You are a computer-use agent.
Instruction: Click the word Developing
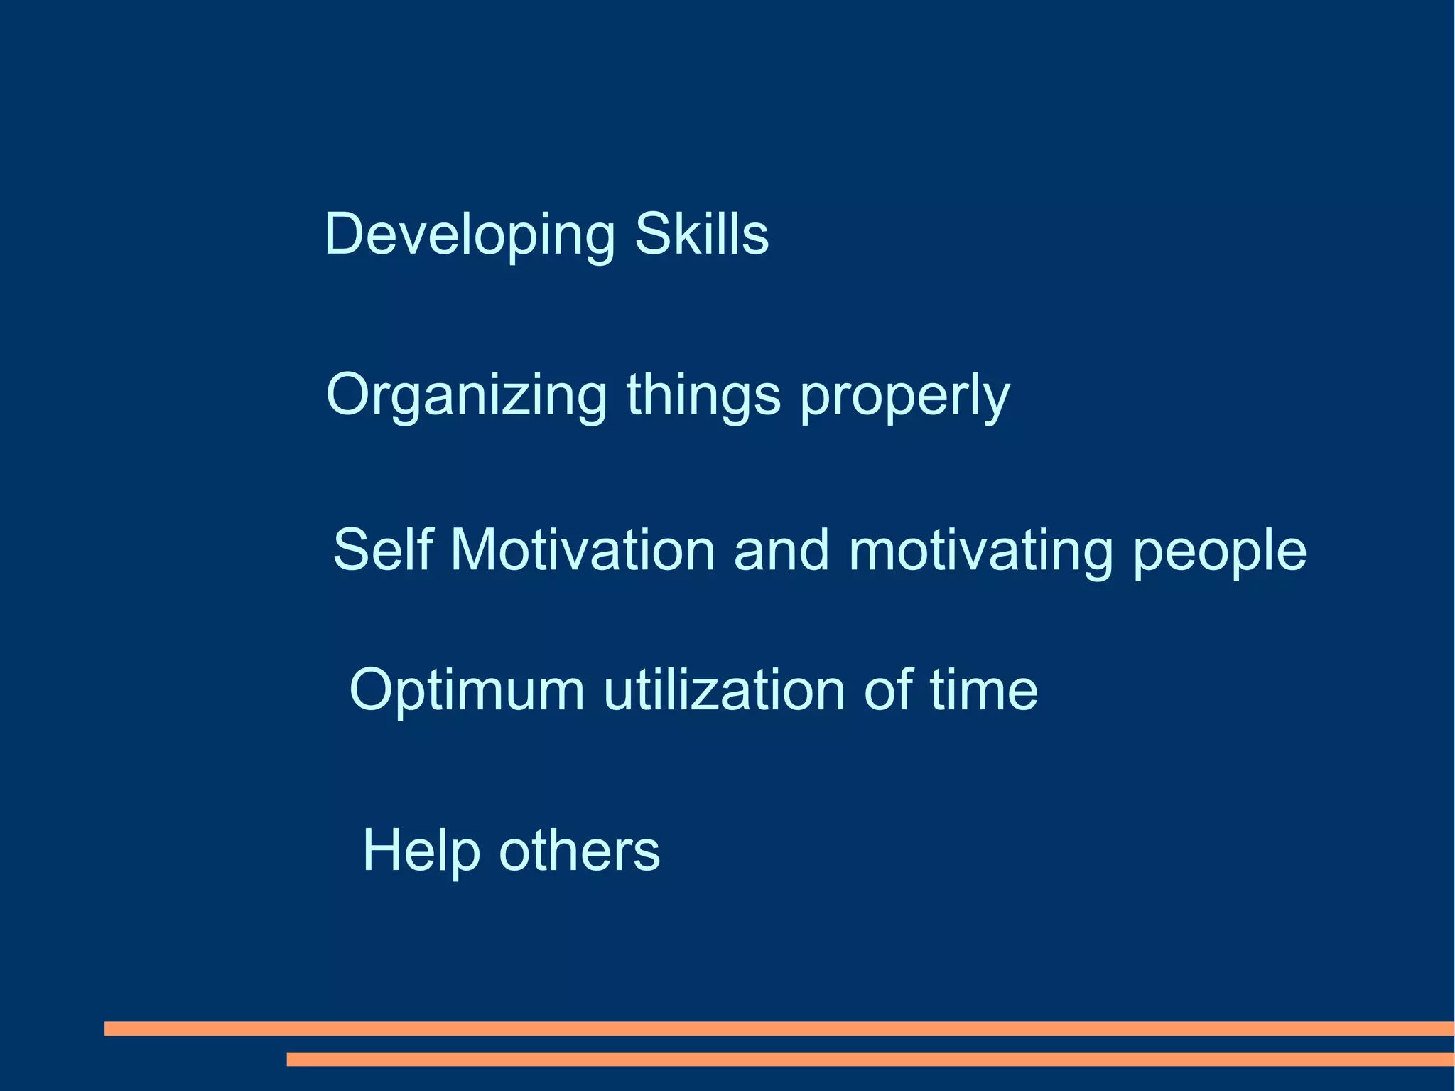pyautogui.click(x=469, y=235)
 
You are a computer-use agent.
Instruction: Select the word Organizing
pyautogui.click(x=466, y=395)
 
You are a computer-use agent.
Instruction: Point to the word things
pyautogui.click(x=703, y=395)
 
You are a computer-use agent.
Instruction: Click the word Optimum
pyautogui.click(x=467, y=690)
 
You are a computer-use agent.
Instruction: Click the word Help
pyautogui.click(x=421, y=851)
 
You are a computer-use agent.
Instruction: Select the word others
pyautogui.click(x=579, y=850)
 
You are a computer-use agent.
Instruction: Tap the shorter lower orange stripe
pyautogui.click(x=870, y=1059)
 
